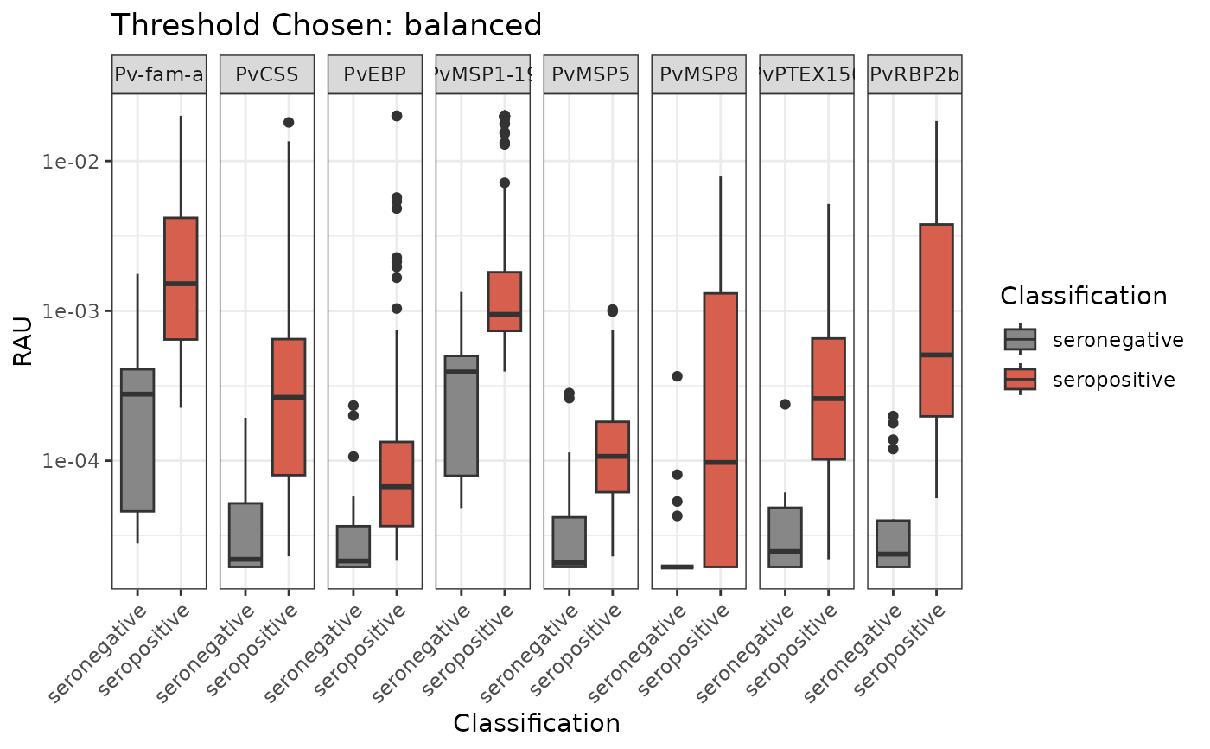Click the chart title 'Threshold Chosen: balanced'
[x=327, y=25]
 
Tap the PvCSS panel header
[x=267, y=74]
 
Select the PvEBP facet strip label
[x=375, y=74]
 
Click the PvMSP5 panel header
[x=590, y=74]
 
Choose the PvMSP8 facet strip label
[x=698, y=74]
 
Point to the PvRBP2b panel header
[x=914, y=74]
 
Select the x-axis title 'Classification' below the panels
[x=536, y=723]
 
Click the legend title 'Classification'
[x=1084, y=296]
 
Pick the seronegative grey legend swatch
[x=1020, y=339]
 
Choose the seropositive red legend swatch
[x=1020, y=379]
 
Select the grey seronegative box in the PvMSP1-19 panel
[x=462, y=415]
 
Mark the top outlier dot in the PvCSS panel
[x=289, y=122]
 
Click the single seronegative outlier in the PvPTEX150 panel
[x=785, y=404]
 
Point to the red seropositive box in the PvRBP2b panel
[x=936, y=320]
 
